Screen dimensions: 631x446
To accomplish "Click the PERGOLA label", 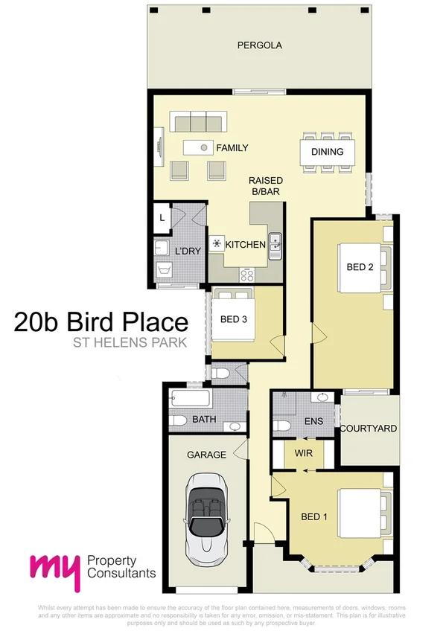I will (x=259, y=45).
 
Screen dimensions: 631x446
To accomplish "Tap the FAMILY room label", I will (x=232, y=148).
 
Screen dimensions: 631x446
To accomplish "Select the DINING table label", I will (x=327, y=152).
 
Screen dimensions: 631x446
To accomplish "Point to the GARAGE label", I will (x=206, y=455).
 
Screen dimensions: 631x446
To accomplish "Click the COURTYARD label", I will (x=368, y=429).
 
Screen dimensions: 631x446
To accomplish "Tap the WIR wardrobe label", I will (x=302, y=452).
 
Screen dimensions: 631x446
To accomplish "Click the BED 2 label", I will (x=360, y=267).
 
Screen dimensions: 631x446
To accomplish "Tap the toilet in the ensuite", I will (x=281, y=426).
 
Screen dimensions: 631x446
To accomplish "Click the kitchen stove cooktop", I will (x=247, y=273).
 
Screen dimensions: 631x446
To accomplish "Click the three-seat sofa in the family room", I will (x=197, y=121).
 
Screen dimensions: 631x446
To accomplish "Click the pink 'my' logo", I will (x=54, y=568).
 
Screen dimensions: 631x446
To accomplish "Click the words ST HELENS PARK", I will (x=129, y=344).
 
